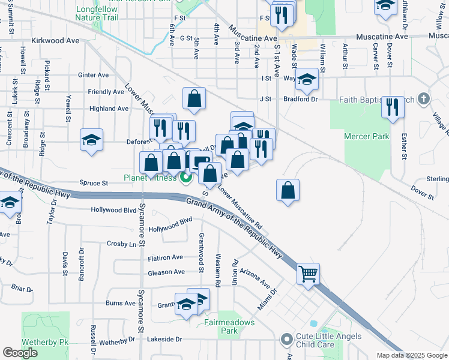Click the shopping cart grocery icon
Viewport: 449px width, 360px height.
[x=308, y=274]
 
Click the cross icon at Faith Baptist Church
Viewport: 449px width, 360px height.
[x=424, y=98]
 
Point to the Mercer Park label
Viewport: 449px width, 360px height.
[x=367, y=136]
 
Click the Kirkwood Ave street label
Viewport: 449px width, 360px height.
[x=58, y=41]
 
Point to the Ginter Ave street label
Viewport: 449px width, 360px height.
[x=93, y=75]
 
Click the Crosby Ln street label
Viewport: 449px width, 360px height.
[x=121, y=244]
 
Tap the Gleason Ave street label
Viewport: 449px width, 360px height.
[x=166, y=272]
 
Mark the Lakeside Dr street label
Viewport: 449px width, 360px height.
[x=164, y=339]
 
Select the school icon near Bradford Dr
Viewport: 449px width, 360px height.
[x=307, y=79]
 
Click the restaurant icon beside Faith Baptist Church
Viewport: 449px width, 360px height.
[x=393, y=107]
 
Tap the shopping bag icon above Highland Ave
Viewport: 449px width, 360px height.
[x=194, y=98]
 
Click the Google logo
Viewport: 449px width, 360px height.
[x=20, y=353]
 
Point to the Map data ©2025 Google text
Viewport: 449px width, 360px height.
[x=412, y=355]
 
